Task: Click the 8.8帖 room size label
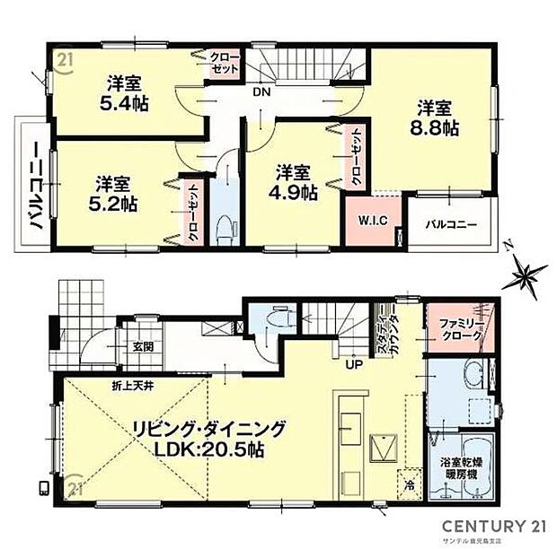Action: [x=438, y=129]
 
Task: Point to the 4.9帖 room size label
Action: [x=295, y=190]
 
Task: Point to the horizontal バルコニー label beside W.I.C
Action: [x=451, y=223]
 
